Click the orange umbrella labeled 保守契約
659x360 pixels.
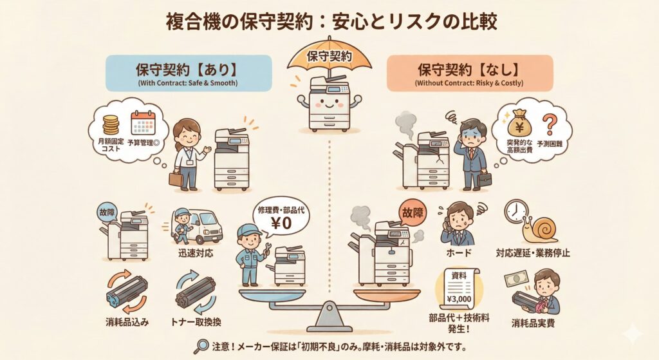tap(329, 57)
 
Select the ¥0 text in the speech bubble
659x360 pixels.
tap(281, 223)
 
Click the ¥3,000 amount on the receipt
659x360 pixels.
tap(459, 299)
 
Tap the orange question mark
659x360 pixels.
tap(548, 124)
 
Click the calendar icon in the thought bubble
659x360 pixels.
tap(143, 123)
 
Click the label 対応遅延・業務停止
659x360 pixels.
tap(532, 252)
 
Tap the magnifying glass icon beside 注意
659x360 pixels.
tap(201, 346)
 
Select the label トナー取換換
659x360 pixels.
tap(196, 322)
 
